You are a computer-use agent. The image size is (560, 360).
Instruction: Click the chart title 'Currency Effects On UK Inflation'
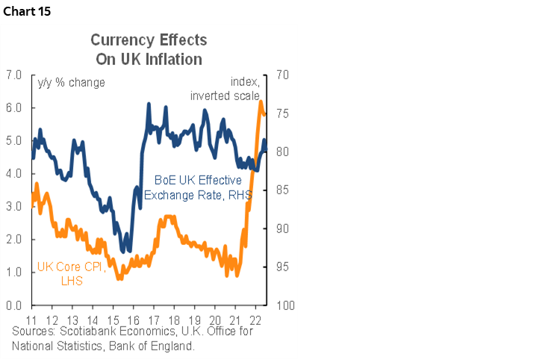[x=149, y=49]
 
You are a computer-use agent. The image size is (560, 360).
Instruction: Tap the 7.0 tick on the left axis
[x=13, y=75]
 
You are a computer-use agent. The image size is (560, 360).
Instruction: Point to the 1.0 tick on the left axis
[x=13, y=273]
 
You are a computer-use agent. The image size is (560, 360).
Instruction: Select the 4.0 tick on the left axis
[x=13, y=174]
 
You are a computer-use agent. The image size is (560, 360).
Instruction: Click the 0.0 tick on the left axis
[x=13, y=305]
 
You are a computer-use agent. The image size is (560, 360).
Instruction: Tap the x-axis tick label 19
[x=195, y=317]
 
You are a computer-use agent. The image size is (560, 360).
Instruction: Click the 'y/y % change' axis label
[x=72, y=82]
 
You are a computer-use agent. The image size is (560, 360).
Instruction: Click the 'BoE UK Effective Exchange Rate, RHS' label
[x=198, y=187]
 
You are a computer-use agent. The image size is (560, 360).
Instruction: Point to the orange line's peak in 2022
[x=261, y=102]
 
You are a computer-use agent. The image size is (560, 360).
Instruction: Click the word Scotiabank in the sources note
[x=84, y=331]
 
